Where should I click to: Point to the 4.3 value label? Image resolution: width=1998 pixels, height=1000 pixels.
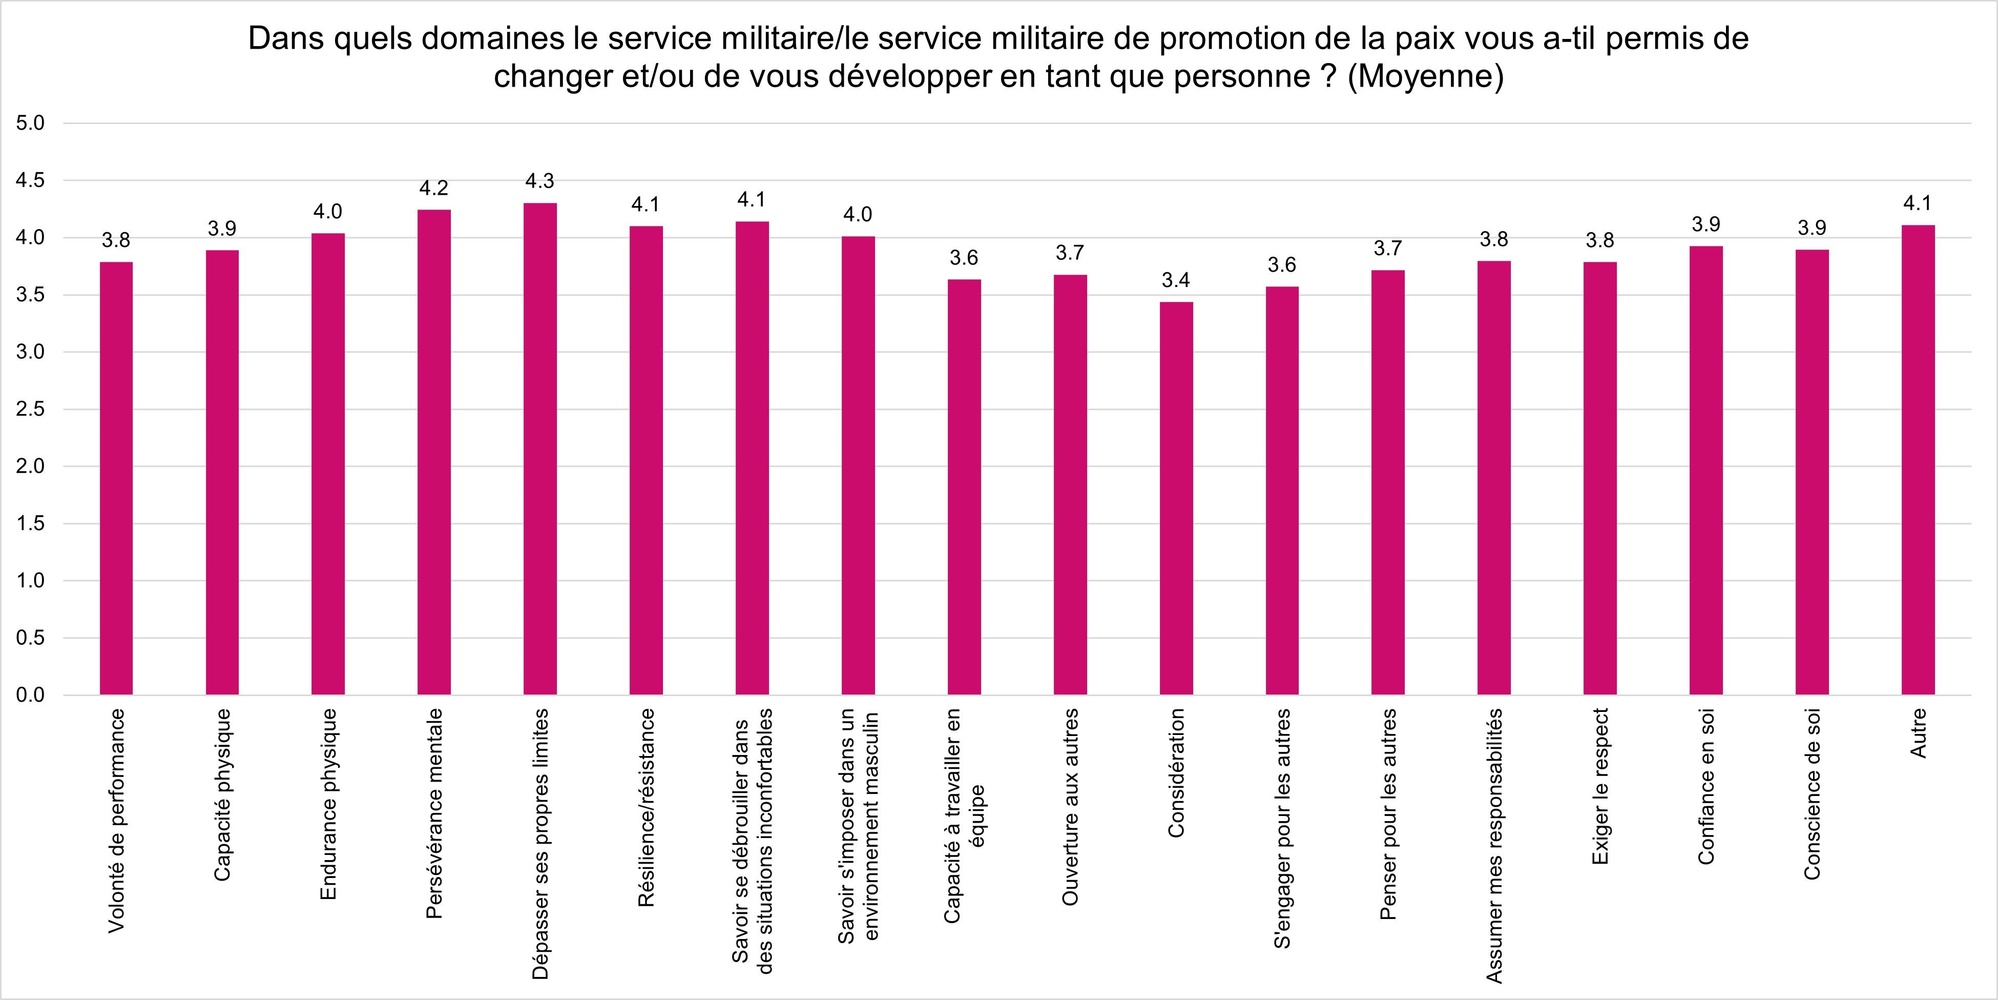click(x=540, y=181)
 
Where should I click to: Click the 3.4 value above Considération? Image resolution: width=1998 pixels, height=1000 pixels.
click(x=1176, y=280)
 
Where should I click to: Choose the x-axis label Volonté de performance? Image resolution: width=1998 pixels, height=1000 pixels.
click(x=116, y=820)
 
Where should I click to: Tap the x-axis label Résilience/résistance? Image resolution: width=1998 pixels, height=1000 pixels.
click(x=646, y=807)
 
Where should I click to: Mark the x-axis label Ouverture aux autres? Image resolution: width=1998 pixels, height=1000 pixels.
click(x=1070, y=807)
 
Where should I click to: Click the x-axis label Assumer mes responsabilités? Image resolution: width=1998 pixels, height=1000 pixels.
click(x=1494, y=846)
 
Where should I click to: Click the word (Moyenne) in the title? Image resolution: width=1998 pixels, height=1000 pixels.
click(x=1425, y=77)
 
